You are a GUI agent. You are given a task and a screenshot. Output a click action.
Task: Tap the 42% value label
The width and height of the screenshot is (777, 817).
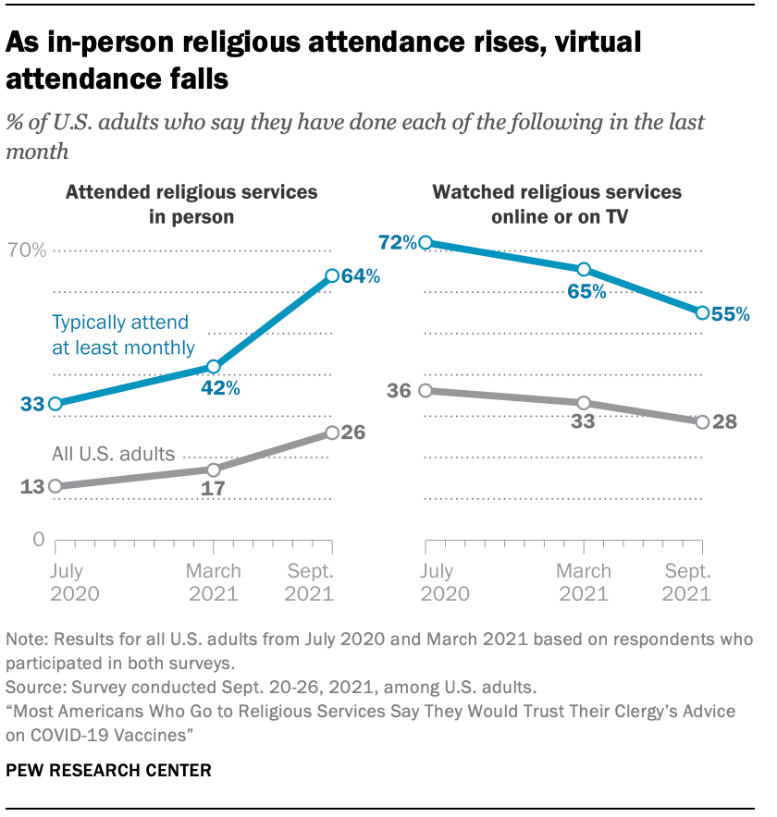click(x=221, y=389)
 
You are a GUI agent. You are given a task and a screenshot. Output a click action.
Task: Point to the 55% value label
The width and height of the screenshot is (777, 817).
click(x=731, y=314)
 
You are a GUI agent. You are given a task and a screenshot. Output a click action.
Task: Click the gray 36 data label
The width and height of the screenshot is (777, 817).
click(x=399, y=391)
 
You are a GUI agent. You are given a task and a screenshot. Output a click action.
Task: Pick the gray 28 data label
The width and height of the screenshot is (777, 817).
click(x=725, y=421)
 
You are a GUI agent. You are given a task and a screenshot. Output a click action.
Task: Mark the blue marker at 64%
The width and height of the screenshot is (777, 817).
click(x=332, y=275)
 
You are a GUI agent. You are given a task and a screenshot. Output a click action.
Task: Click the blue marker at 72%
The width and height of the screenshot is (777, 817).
click(x=425, y=243)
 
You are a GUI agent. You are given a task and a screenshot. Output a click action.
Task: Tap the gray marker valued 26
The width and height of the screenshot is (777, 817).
click(x=332, y=432)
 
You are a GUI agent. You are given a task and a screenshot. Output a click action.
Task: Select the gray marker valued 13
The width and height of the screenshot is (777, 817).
click(x=55, y=486)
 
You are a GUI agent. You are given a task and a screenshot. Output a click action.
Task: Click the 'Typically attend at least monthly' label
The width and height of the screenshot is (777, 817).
click(x=123, y=335)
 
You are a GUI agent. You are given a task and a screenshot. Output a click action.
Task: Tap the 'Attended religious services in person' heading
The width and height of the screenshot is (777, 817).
click(x=191, y=204)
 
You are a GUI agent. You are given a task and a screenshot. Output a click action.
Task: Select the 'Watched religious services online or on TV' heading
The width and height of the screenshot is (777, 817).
click(x=558, y=204)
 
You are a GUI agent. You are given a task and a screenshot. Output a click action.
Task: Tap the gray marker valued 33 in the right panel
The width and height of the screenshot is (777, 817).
click(x=584, y=403)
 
